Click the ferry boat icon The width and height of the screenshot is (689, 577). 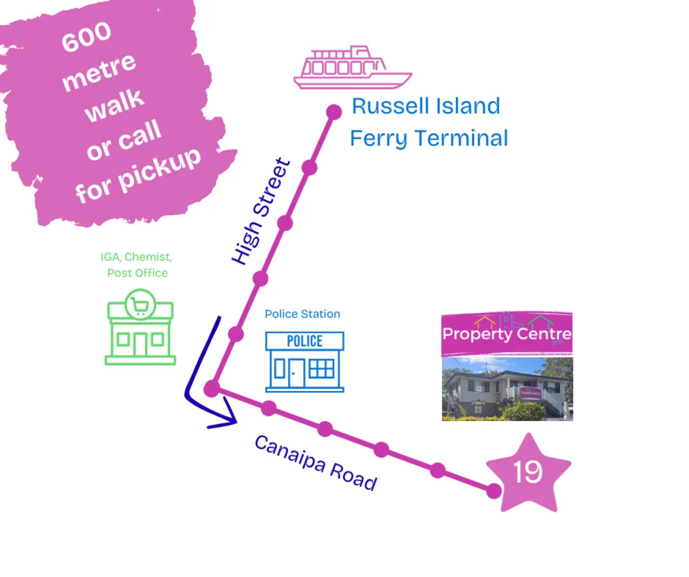point(352,67)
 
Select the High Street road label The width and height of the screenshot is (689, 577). point(261,212)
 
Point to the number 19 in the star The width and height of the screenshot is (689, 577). point(528,473)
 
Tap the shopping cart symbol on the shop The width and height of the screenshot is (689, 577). point(139,304)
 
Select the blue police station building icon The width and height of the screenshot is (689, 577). point(305,362)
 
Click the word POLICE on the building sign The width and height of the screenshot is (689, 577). point(305,340)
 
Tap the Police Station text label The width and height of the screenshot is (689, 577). point(302,314)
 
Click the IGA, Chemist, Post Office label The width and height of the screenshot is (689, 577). point(137,265)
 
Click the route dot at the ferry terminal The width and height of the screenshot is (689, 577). point(334,112)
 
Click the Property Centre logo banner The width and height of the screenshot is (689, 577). point(507,333)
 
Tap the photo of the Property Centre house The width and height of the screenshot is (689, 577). point(507,389)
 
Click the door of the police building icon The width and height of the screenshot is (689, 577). point(296,372)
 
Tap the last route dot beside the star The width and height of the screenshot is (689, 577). point(493,491)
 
